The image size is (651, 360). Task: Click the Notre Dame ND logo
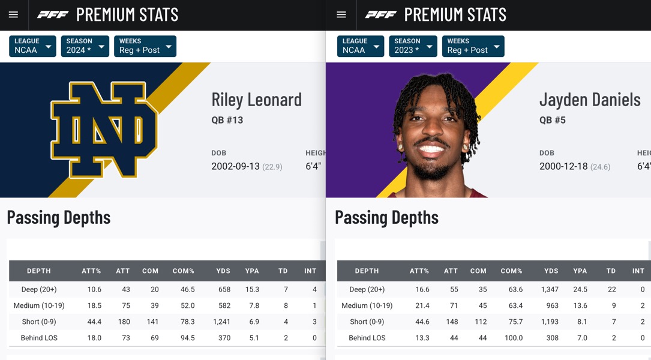tap(104, 129)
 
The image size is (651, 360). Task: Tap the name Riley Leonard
tap(257, 100)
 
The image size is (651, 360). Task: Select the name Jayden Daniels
tap(590, 100)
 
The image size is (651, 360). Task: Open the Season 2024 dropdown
tap(85, 46)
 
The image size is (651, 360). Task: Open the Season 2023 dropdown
tap(413, 46)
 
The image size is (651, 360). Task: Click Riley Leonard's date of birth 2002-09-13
tap(235, 167)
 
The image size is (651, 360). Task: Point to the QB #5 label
tap(552, 121)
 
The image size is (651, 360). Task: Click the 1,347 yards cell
tap(550, 289)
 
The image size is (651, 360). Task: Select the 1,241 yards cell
tap(222, 322)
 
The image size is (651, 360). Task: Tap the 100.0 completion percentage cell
tap(514, 338)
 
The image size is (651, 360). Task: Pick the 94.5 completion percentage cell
tap(188, 338)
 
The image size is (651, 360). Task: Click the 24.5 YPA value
tap(580, 289)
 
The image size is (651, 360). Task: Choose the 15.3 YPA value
tap(252, 289)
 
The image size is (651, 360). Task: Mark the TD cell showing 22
tap(612, 289)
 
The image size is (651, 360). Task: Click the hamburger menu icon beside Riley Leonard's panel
tap(13, 15)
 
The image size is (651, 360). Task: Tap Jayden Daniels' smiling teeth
tap(431, 149)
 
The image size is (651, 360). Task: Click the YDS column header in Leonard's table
tap(223, 271)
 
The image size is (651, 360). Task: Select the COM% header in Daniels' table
tap(511, 271)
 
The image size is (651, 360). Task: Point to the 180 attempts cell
tap(124, 322)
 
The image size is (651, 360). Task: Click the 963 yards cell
tap(552, 305)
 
